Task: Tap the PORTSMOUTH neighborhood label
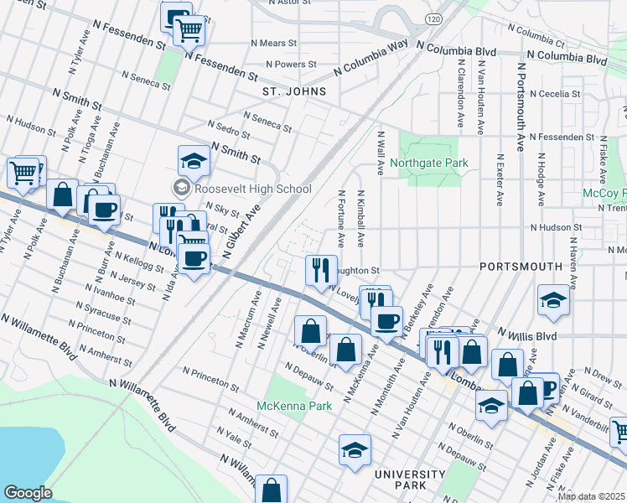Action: click(x=521, y=266)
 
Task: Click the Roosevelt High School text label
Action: click(x=241, y=189)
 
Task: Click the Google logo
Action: click(x=28, y=493)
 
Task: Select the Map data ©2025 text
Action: click(x=591, y=496)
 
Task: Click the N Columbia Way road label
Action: click(x=370, y=56)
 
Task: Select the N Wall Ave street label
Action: click(x=380, y=153)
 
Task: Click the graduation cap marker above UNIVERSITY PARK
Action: click(x=355, y=451)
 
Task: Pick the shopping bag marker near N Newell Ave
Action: click(x=310, y=330)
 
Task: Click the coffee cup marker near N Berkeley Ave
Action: click(x=386, y=320)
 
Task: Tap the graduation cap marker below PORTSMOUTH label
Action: click(x=553, y=300)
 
